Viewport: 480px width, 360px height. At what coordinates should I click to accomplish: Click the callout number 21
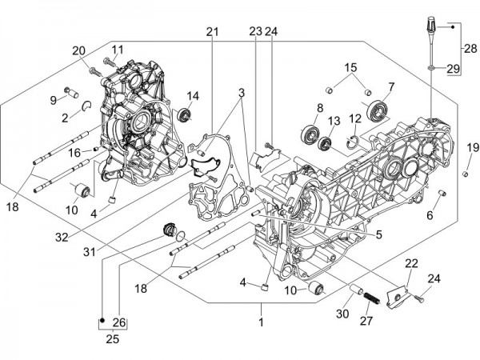[211, 31]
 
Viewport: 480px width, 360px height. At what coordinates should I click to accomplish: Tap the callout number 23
[255, 31]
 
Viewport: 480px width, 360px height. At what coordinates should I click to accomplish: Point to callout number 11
[118, 50]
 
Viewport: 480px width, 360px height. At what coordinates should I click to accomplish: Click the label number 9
[54, 100]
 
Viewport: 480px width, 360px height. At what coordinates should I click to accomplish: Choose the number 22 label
[411, 264]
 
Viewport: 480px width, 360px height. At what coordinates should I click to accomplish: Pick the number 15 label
[351, 66]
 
